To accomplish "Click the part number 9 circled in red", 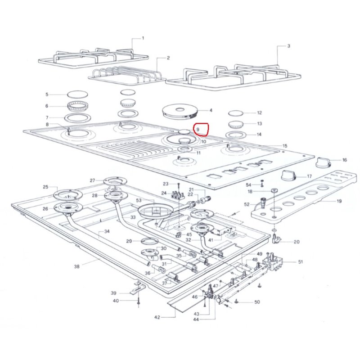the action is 198,129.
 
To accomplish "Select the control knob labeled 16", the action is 324,162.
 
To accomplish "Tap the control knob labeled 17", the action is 289,175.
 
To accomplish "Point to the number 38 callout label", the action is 76,266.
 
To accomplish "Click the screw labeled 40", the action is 139,301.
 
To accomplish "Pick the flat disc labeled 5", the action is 77,94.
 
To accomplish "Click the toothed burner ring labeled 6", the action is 77,106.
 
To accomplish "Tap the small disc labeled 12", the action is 235,113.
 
